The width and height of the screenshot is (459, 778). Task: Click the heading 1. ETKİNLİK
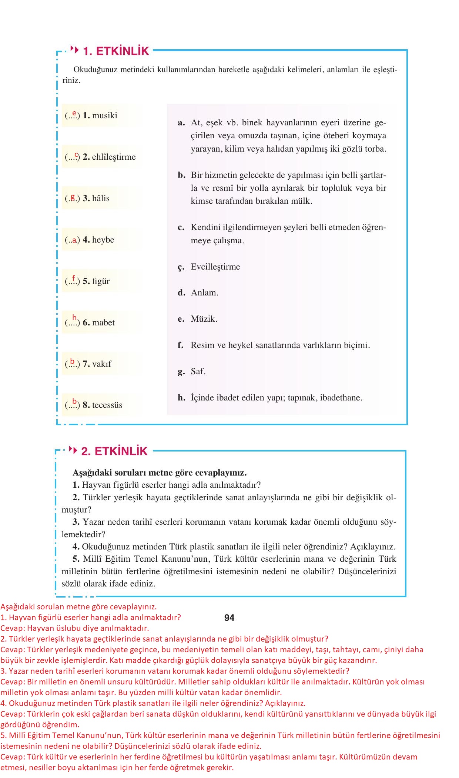click(116, 51)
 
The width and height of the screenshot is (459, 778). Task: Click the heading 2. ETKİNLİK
click(114, 451)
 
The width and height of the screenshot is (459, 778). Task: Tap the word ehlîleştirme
click(114, 157)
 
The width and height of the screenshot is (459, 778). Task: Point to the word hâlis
click(101, 198)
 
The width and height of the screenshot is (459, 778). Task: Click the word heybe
click(103, 240)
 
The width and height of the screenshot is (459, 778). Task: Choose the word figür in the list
click(101, 281)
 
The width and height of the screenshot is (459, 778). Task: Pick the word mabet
click(103, 322)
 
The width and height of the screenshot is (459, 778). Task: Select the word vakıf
click(101, 364)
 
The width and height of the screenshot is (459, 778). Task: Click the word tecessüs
click(107, 405)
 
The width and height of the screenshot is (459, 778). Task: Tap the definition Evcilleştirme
click(215, 267)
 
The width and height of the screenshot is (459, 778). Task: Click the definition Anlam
click(204, 292)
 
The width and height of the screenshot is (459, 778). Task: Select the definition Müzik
click(204, 319)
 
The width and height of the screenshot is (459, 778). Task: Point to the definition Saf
click(198, 371)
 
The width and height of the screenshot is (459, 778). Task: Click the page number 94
click(229, 618)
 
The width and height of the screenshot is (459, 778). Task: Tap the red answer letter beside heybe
click(74, 240)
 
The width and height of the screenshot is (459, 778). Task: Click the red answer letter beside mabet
click(74, 318)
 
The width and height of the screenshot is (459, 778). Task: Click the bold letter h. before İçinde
click(181, 398)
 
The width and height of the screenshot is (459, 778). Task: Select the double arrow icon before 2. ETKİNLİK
click(73, 450)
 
